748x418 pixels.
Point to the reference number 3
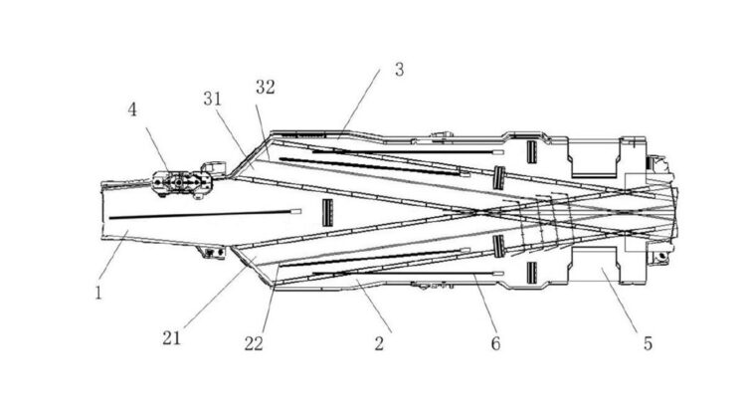coord(398,70)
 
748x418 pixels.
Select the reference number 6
coord(494,343)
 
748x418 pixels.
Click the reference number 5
coord(648,343)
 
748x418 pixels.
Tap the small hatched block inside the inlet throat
coord(326,211)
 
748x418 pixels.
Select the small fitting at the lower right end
coord(656,260)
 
